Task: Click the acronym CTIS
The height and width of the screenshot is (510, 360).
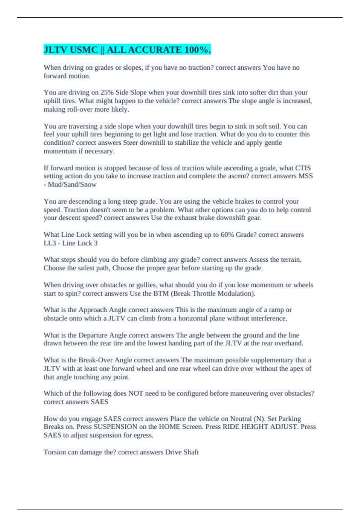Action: point(303,168)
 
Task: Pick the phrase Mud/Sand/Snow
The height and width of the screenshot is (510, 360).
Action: point(72,184)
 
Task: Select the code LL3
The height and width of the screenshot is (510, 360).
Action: point(50,243)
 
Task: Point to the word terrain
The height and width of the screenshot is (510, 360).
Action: point(290,259)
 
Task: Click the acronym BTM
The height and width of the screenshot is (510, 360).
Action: point(161,293)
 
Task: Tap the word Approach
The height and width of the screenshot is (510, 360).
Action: point(93,310)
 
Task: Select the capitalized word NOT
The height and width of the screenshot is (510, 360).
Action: point(136,393)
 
